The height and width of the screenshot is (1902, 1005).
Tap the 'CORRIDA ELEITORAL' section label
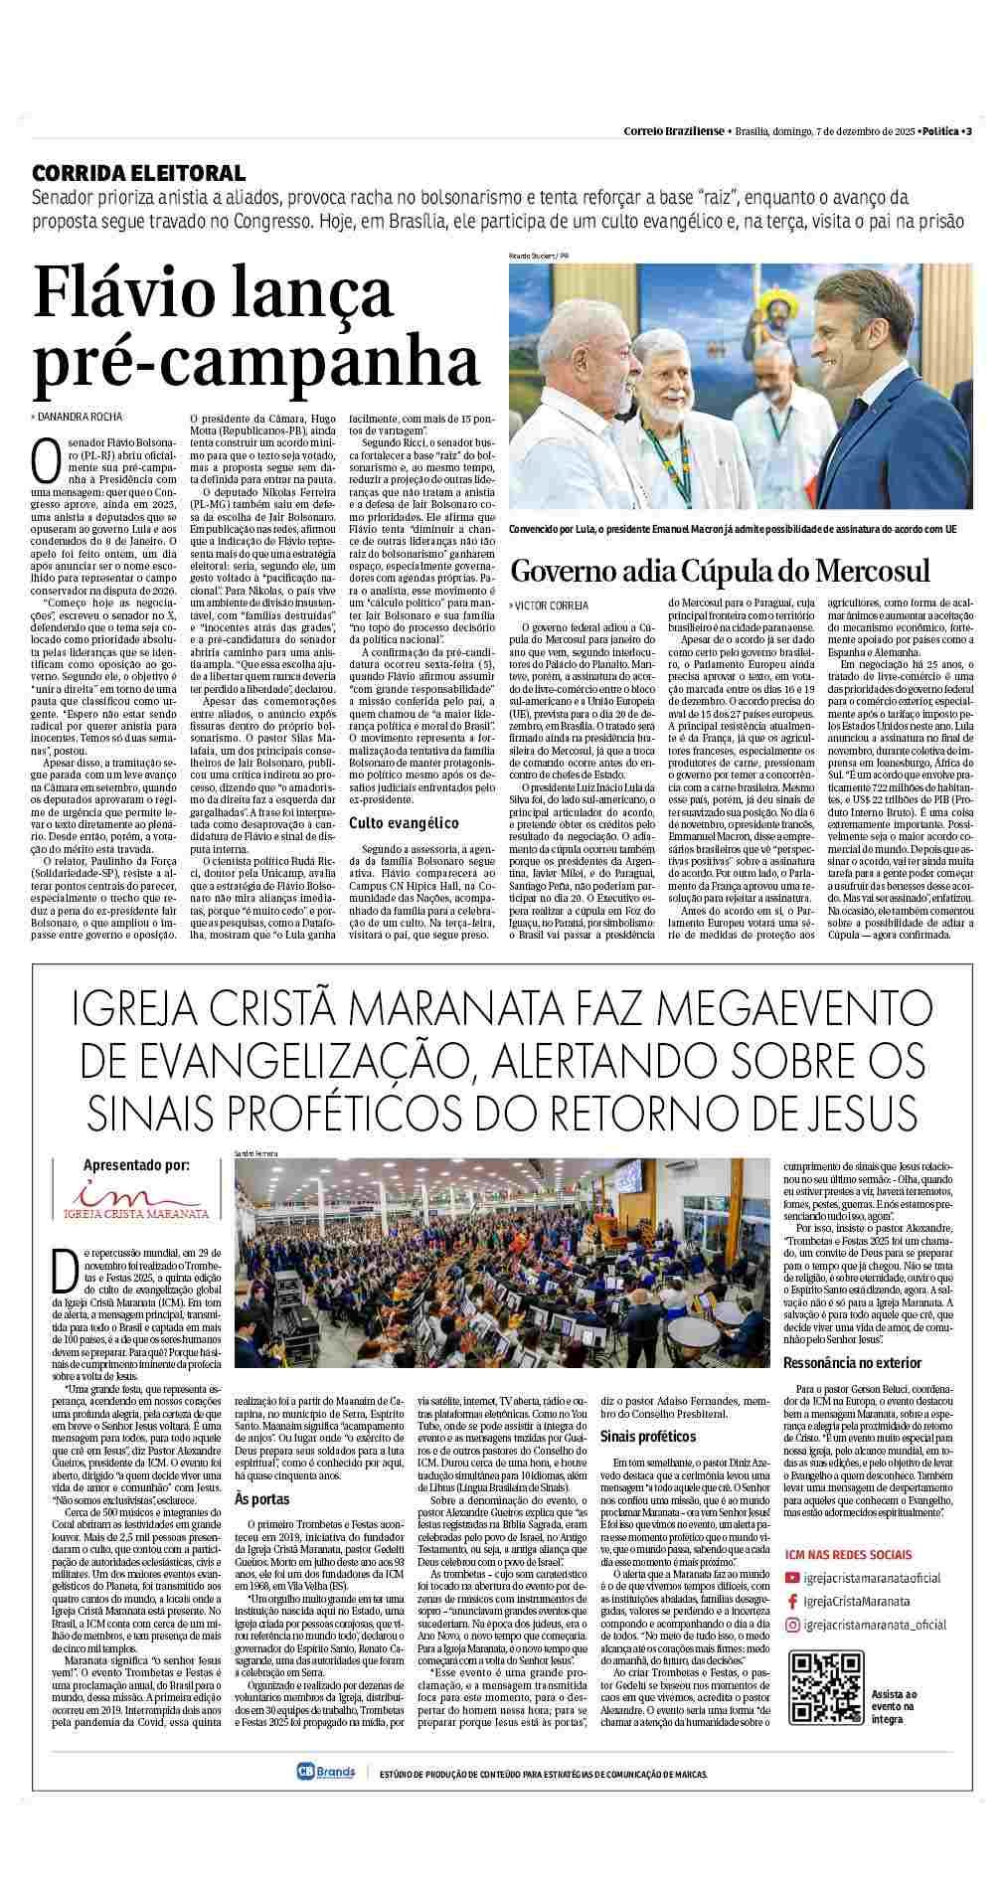pyautogui.click(x=138, y=172)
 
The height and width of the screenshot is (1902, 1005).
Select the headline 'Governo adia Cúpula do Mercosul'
pyautogui.click(x=720, y=571)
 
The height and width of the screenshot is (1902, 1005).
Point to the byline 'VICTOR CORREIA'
pyautogui.click(x=553, y=605)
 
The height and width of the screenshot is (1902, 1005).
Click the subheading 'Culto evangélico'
pyautogui.click(x=403, y=822)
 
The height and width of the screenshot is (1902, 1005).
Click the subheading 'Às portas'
pyautogui.click(x=254, y=1498)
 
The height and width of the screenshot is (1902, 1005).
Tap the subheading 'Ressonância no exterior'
pyautogui.click(x=852, y=1362)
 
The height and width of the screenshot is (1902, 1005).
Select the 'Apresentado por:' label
pyautogui.click(x=136, y=1166)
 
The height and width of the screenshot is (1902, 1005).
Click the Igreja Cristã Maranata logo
pyautogui.click(x=136, y=1201)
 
